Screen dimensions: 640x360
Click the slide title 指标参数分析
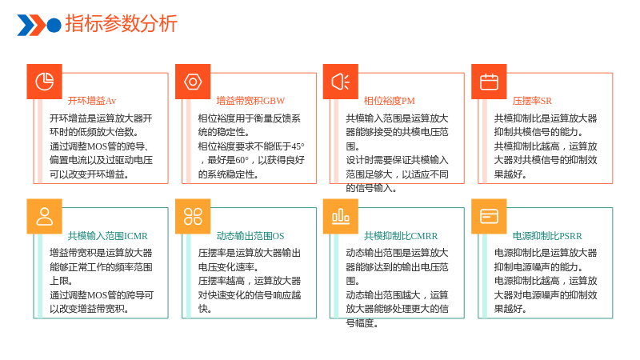pos(122,24)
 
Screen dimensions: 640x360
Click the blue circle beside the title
pos(54,25)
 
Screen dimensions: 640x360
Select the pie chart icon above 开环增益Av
pos(45,82)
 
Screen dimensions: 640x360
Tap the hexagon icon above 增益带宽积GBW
pos(193,82)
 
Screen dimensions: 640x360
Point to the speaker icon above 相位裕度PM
pos(341,82)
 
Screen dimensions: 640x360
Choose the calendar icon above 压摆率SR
pos(489,82)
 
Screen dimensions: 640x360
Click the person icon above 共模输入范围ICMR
pos(45,216)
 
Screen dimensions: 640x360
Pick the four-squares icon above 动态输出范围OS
pos(193,216)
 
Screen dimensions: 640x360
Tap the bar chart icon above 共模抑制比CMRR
pos(341,216)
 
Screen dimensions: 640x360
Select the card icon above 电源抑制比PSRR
pos(489,216)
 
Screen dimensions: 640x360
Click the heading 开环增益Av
pos(92,101)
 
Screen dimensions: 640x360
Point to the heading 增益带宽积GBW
pos(250,101)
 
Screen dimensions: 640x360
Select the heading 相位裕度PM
pos(390,101)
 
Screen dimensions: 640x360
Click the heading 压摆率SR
pos(532,101)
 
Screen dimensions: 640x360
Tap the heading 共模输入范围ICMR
pos(108,236)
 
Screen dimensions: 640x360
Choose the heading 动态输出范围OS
pos(250,236)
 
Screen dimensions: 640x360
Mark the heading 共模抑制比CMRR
pos(401,236)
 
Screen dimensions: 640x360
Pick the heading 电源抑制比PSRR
pos(547,236)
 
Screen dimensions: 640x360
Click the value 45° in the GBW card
pos(298,146)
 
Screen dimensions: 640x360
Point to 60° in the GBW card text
pos(242,160)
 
